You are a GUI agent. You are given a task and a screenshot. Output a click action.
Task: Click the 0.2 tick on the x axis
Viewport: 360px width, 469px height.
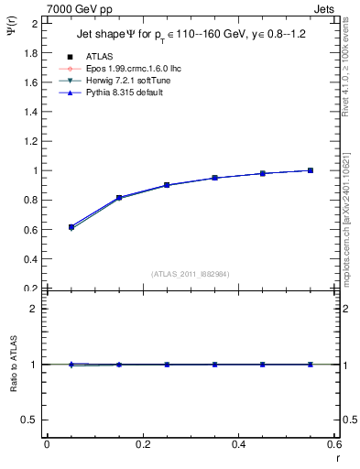coord(142,445)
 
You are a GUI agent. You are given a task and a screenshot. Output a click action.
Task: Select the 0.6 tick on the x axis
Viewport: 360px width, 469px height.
coord(335,445)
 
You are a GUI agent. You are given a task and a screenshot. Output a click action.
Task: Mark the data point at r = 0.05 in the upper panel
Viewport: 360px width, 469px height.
coord(71,226)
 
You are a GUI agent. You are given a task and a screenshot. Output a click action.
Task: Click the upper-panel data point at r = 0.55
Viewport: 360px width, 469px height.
coord(311,170)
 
